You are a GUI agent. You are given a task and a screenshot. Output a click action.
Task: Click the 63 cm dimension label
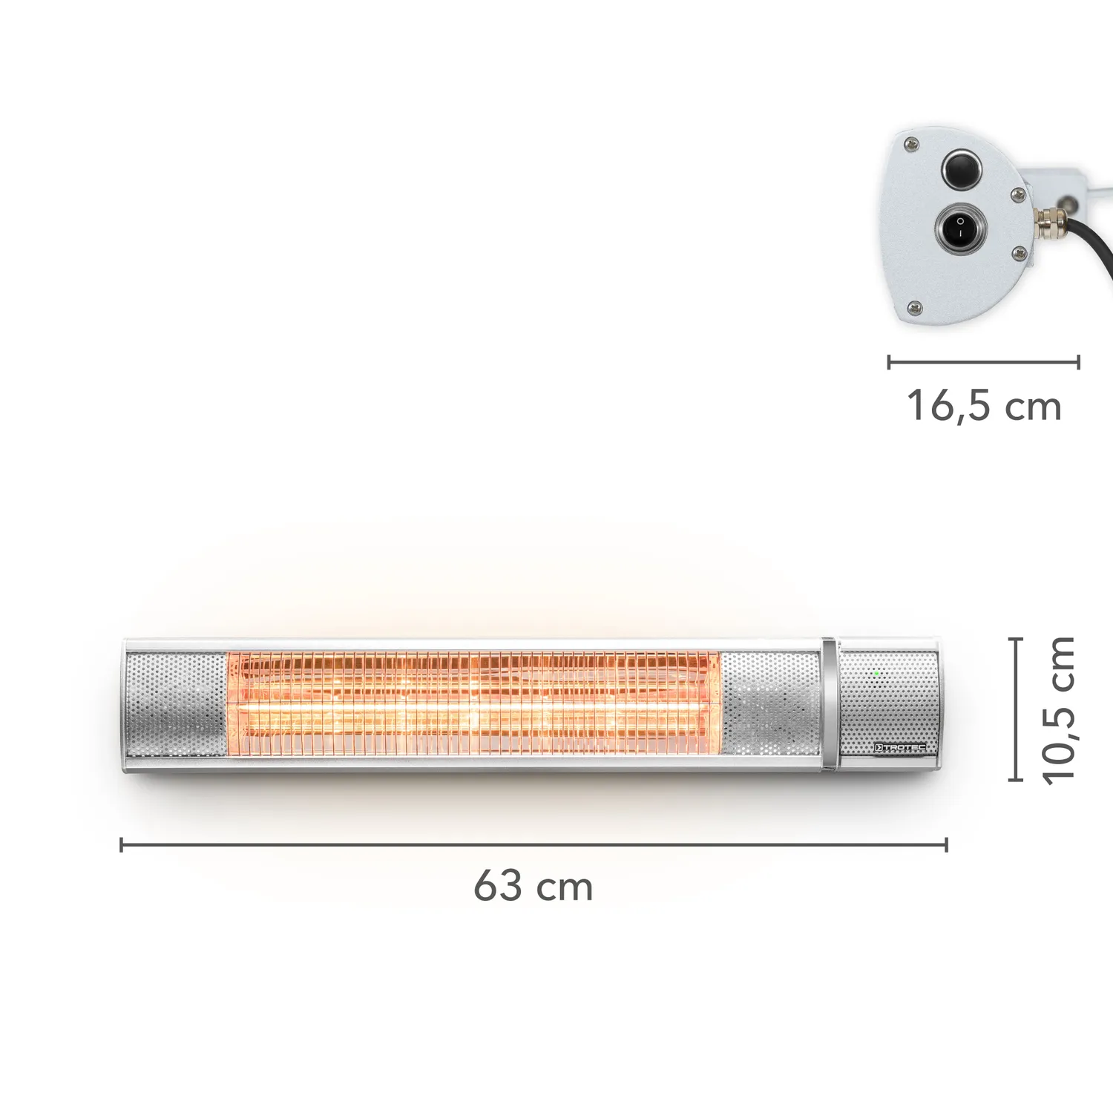[x=533, y=885]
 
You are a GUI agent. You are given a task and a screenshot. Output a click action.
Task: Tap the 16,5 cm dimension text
[x=984, y=407]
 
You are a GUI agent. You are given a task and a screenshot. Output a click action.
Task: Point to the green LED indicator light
[x=876, y=674]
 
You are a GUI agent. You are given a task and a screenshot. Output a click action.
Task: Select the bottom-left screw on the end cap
[x=915, y=306]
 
